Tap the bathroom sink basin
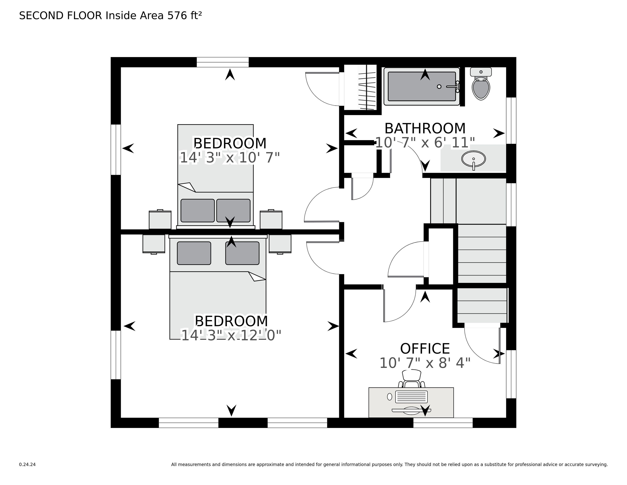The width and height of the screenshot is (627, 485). (x=473, y=159)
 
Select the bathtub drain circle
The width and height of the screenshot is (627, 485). (x=439, y=87)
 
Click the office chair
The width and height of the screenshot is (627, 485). (x=412, y=379)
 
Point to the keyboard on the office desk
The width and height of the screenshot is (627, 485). (x=411, y=397)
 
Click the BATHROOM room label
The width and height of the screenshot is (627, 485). (x=425, y=128)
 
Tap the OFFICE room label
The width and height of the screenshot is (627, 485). (x=425, y=349)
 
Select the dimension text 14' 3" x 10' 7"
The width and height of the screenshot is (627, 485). (x=230, y=158)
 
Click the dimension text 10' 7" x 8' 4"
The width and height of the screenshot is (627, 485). (x=425, y=363)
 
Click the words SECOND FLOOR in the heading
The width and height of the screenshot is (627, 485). (x=61, y=16)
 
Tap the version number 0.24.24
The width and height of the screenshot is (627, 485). (x=27, y=464)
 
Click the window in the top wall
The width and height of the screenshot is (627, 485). (x=223, y=62)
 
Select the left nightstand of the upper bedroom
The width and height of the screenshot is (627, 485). (x=160, y=220)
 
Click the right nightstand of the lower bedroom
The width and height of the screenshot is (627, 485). (x=280, y=244)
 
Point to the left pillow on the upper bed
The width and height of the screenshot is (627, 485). (x=198, y=211)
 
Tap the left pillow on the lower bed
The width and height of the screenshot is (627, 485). (x=194, y=253)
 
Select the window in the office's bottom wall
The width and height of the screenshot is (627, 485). (x=443, y=423)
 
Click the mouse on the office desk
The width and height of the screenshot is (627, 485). (x=390, y=397)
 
